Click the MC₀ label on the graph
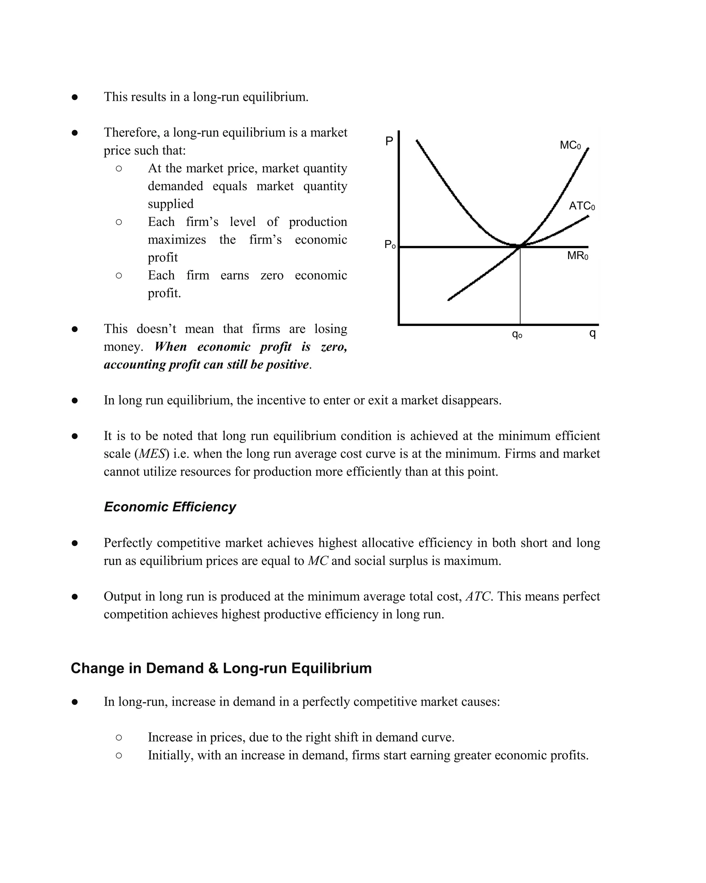570,146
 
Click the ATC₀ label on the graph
581,206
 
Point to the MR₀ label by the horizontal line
577,256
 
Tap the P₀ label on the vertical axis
390,245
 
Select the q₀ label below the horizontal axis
517,334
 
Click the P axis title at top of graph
389,141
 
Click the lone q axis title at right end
592,334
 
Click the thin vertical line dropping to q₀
520,287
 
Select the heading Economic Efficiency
170,507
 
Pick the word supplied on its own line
170,204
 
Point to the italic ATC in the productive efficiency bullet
478,596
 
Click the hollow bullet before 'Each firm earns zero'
119,276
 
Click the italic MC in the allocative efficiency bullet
317,561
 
